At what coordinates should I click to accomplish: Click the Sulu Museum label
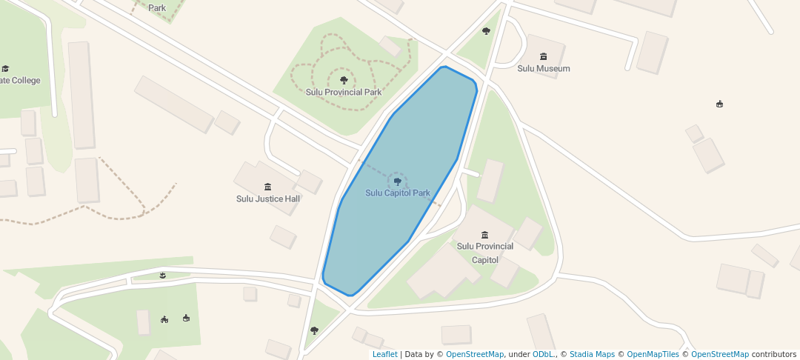click(544, 69)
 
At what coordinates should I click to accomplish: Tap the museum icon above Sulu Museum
click(544, 57)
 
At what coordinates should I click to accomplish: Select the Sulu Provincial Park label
click(344, 92)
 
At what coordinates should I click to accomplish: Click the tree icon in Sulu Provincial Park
click(343, 79)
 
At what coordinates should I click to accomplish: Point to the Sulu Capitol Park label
click(398, 193)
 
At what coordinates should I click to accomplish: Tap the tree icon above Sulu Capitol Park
click(398, 181)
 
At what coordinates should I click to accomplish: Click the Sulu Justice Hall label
click(268, 199)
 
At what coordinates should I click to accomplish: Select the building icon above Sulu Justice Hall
click(267, 186)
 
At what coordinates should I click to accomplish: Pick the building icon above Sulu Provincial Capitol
click(485, 235)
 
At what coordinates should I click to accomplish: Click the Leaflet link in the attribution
click(384, 355)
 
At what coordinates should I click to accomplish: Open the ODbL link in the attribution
click(543, 355)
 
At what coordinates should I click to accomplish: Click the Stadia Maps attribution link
click(592, 355)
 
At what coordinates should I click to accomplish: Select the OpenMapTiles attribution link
click(653, 355)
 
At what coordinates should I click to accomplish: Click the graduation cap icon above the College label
click(5, 69)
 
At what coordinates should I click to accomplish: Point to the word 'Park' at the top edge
click(157, 8)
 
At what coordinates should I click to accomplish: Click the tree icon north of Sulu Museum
click(486, 31)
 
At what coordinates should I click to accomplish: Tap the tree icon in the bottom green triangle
click(314, 330)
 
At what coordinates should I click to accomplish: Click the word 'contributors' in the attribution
click(774, 355)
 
